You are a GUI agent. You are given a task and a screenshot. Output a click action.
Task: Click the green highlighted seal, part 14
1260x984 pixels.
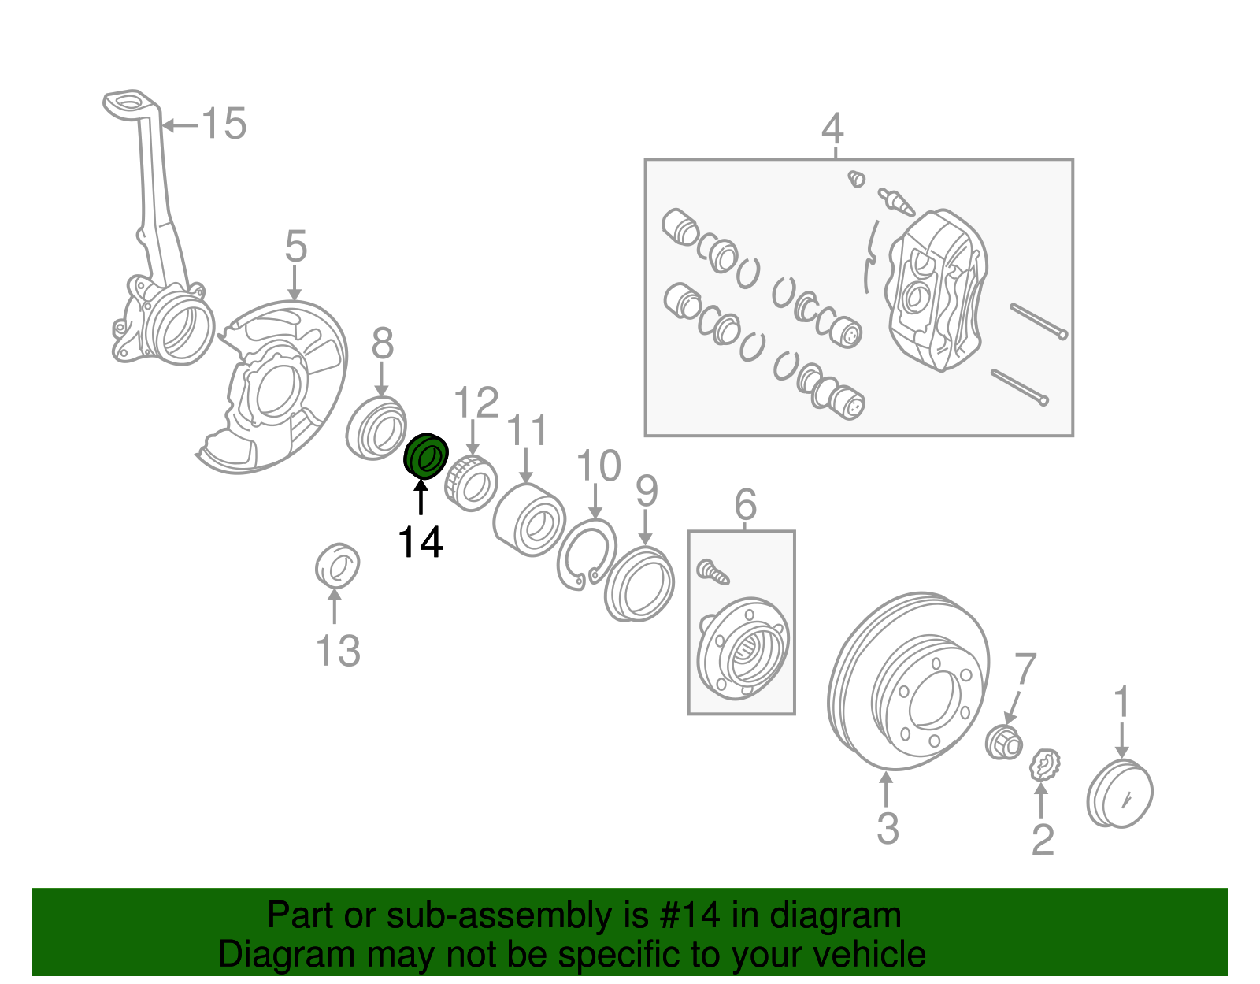pos(425,456)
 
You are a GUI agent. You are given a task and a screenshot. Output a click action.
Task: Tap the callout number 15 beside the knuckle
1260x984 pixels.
pos(224,124)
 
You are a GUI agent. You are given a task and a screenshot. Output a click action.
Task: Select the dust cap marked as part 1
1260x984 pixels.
pos(1119,793)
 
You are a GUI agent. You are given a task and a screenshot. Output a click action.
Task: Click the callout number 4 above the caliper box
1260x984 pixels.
pos(832,128)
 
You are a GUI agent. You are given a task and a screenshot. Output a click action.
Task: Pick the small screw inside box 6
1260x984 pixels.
pos(713,572)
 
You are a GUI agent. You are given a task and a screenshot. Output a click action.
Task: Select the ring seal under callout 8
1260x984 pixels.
pos(376,429)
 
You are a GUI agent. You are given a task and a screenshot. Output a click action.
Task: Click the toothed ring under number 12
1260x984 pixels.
pos(470,482)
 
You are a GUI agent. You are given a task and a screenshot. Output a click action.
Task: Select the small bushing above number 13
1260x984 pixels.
pos(337,565)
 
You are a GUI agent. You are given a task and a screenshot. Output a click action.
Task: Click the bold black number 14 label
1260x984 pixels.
pos(421,542)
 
